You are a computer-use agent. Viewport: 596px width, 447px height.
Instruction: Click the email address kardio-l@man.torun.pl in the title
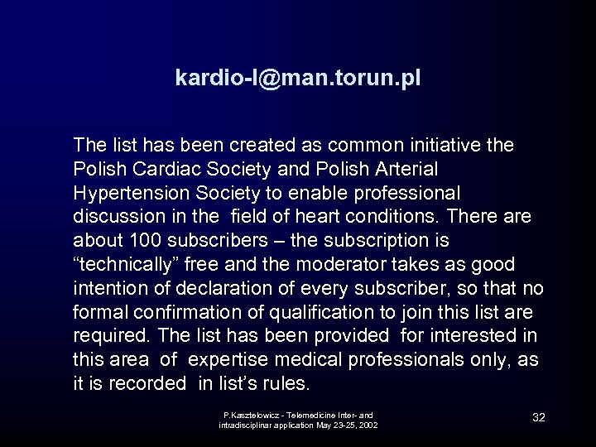pos(298,78)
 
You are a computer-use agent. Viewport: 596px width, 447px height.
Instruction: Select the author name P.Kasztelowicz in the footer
pos(252,414)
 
